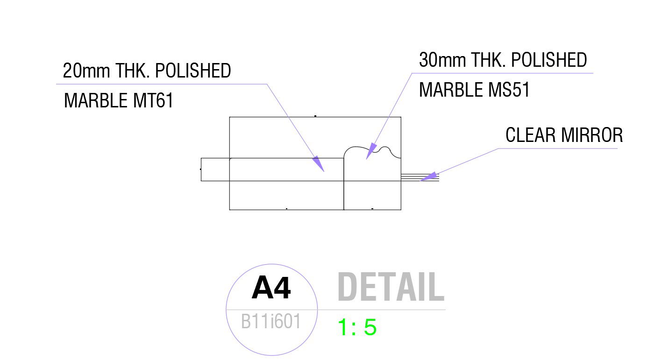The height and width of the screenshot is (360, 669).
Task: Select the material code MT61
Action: click(x=153, y=100)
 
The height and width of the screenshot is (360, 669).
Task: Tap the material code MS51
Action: click(x=509, y=90)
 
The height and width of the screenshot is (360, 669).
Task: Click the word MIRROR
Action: click(x=592, y=135)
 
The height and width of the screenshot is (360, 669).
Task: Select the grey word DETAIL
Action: click(x=391, y=287)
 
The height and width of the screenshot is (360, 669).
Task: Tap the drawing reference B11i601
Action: click(x=270, y=322)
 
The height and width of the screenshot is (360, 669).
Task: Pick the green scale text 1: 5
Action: click(x=357, y=328)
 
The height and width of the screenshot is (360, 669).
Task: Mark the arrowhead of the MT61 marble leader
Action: click(x=318, y=163)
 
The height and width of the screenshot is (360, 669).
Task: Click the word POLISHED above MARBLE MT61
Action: click(x=192, y=71)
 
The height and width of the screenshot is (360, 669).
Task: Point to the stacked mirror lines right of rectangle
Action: click(x=420, y=177)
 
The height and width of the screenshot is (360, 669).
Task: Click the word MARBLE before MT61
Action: click(x=96, y=100)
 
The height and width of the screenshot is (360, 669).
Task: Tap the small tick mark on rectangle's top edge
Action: click(x=315, y=116)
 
